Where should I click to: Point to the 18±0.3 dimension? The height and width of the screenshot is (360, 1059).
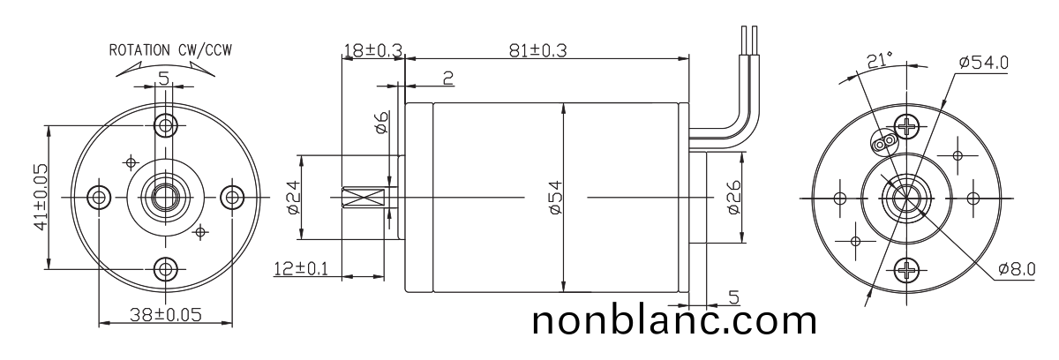click(372, 51)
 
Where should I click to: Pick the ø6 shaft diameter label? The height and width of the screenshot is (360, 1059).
click(381, 123)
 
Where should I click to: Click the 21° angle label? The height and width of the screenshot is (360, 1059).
click(879, 59)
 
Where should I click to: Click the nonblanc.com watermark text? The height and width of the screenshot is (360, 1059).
click(675, 320)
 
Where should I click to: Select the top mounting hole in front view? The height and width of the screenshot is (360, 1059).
click(164, 123)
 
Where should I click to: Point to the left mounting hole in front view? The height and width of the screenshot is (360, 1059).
click(98, 196)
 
